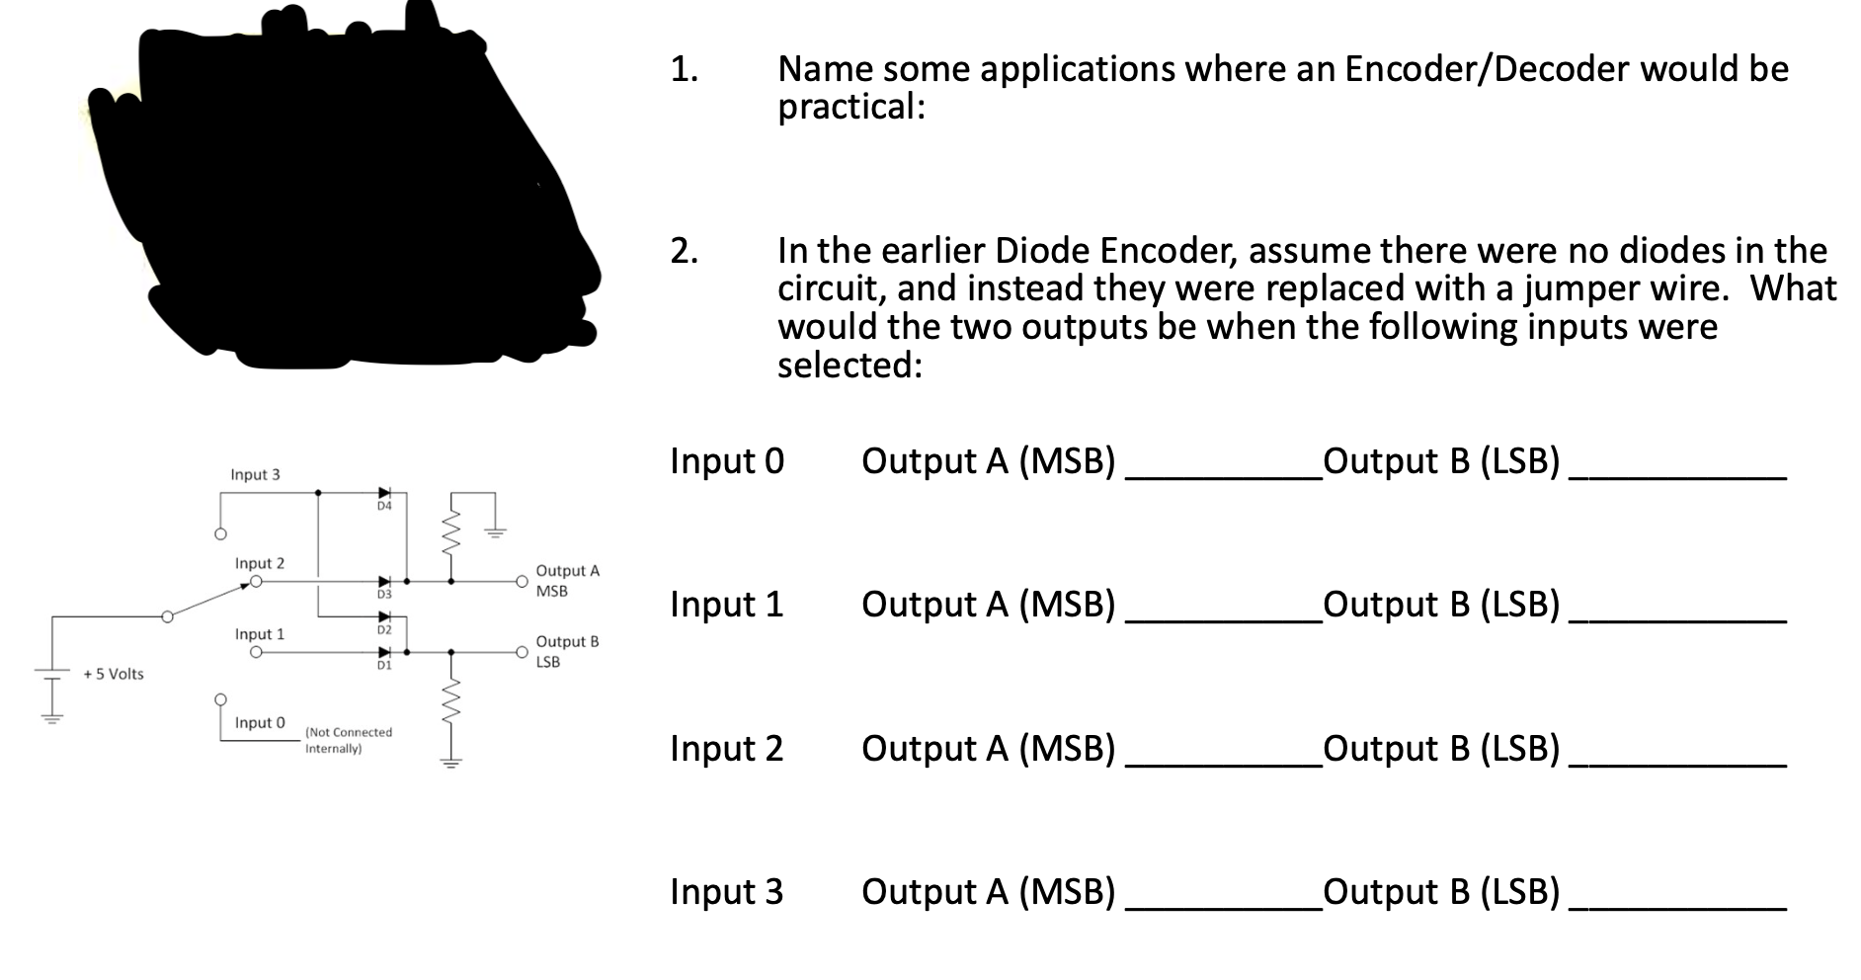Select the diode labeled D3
pos(384,582)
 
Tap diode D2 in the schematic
pos(384,616)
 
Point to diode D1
pos(384,652)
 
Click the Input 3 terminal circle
pos(220,535)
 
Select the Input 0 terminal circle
pos(220,699)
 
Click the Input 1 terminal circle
pos(256,652)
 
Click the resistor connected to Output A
pos(451,533)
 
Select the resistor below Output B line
pos(451,703)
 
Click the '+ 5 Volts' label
pos(114,674)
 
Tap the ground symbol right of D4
pos(494,532)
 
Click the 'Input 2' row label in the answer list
pos(726,749)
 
